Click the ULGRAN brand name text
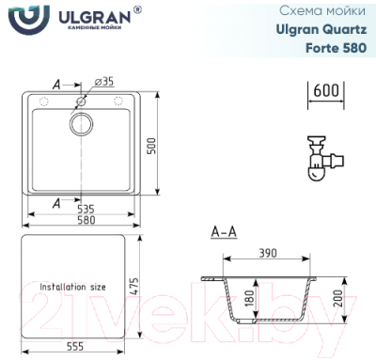coord(90,15)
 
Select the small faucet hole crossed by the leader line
coord(81,99)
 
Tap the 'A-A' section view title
coord(225,231)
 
